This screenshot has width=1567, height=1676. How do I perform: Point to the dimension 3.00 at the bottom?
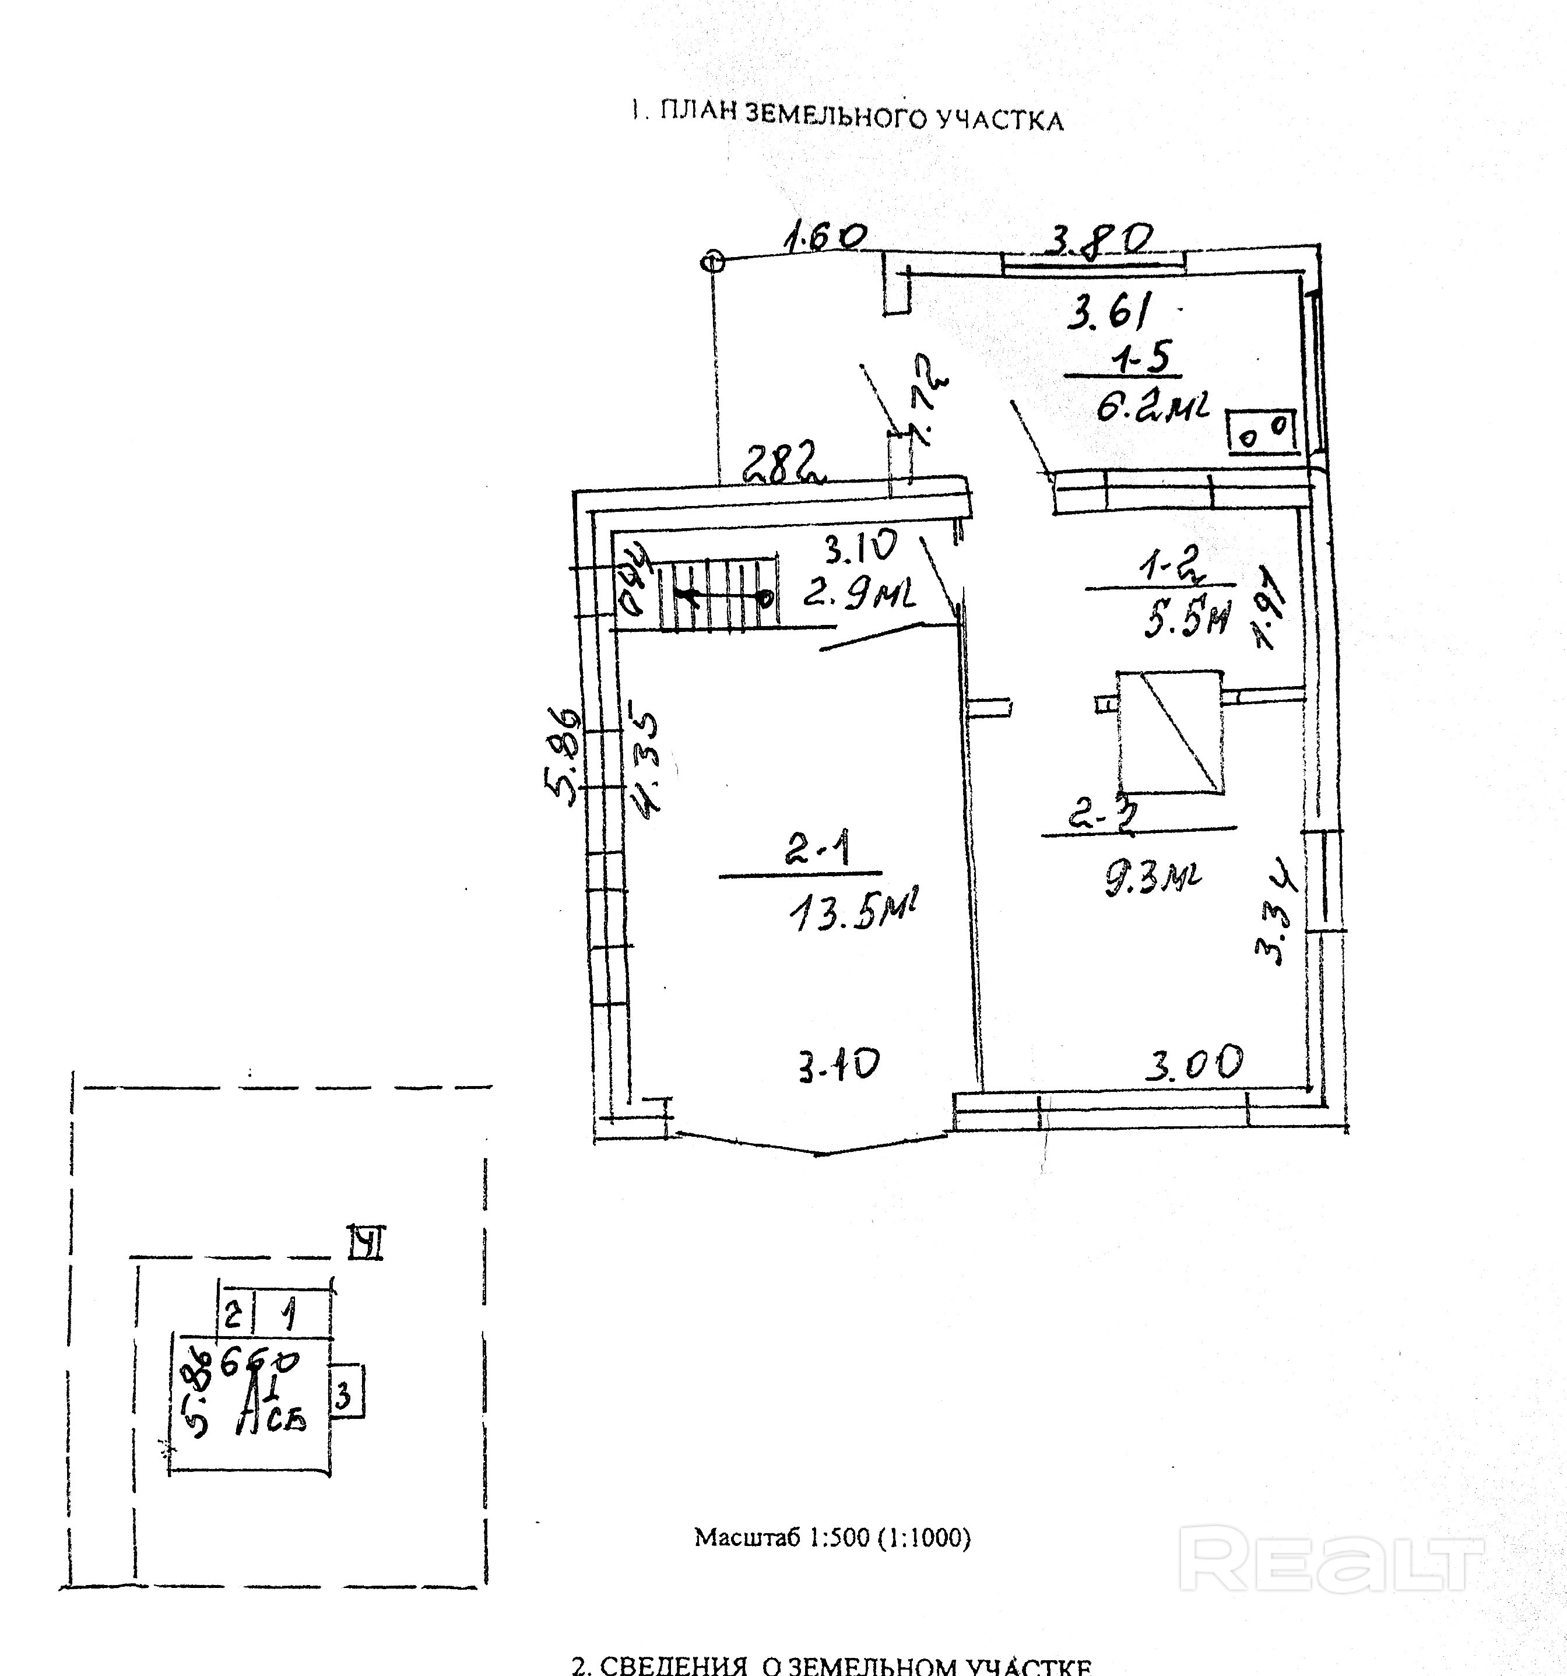(1193, 1064)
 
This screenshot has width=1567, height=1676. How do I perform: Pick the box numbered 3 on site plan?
(345, 1398)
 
